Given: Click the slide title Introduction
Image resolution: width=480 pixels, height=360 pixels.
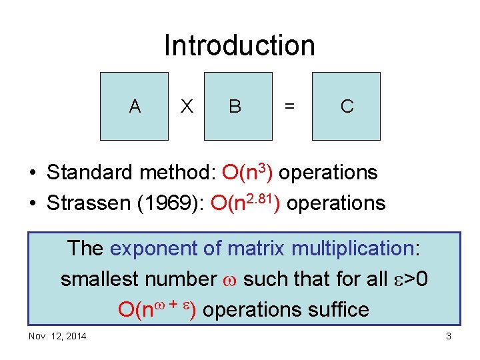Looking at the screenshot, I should (239, 46).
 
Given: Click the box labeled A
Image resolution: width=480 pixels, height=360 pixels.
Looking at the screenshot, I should (135, 106).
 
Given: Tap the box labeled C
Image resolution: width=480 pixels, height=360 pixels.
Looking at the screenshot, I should (347, 106).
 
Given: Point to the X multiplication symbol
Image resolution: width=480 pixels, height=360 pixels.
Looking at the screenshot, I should (187, 107).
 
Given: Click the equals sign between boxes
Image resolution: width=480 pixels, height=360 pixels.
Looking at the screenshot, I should (289, 107).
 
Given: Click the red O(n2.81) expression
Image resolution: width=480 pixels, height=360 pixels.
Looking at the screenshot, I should (245, 202).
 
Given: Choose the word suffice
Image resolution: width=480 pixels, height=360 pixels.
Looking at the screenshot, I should (336, 309).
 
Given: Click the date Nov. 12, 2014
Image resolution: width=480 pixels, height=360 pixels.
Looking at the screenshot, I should (57, 336).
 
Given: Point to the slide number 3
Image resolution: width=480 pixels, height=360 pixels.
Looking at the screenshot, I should (449, 336).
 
